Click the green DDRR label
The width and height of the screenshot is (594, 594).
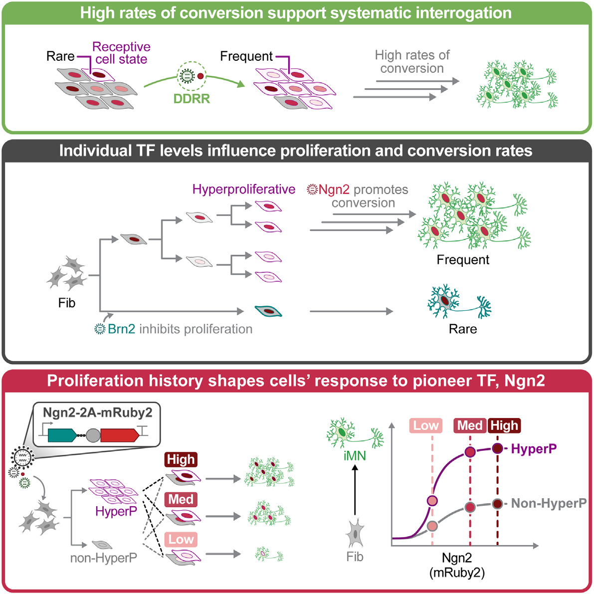coord(192,99)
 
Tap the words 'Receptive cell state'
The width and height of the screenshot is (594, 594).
coord(121,53)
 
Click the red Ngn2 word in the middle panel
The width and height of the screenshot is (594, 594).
coord(334,190)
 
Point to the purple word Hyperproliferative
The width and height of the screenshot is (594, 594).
coord(244,190)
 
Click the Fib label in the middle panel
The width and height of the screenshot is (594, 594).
coord(67,303)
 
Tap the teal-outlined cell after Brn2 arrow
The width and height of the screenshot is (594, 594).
coord(268,311)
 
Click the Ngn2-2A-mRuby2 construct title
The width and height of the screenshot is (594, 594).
coord(97,413)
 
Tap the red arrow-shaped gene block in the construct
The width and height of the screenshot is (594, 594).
coord(119,435)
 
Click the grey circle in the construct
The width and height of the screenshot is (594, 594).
coord(93,435)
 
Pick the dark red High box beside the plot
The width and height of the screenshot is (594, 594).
coord(504,425)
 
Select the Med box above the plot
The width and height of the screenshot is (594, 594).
coord(470,425)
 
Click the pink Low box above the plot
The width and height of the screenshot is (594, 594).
coord(426,425)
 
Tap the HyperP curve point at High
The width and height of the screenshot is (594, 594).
coord(497,448)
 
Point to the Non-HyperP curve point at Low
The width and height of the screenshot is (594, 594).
coord(432,526)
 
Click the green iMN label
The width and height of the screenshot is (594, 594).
coord(355,455)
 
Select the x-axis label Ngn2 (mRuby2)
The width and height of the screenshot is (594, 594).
coord(457,565)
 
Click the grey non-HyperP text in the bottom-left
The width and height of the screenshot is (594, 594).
coord(104,558)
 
